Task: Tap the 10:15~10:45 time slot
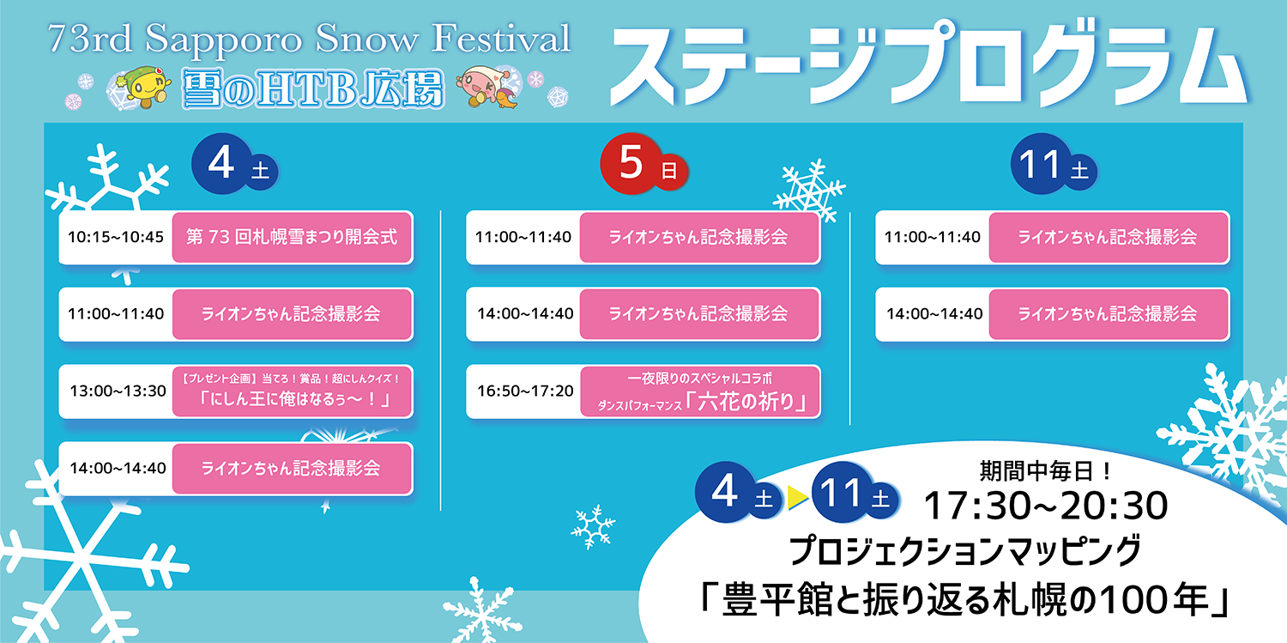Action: (x=116, y=237)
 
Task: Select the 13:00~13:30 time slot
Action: (x=118, y=391)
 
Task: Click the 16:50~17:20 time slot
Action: (x=525, y=391)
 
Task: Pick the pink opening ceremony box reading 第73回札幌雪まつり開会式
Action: (x=292, y=237)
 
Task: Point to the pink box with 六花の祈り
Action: (x=700, y=391)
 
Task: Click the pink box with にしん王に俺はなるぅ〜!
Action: (x=292, y=391)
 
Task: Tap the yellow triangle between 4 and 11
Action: (x=797, y=498)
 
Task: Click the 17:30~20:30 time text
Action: (x=1045, y=506)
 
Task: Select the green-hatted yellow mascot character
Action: (x=147, y=88)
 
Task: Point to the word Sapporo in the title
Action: (x=223, y=40)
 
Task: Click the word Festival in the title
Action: (x=501, y=38)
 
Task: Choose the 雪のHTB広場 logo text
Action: (x=313, y=88)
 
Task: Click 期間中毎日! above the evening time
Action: (x=1045, y=471)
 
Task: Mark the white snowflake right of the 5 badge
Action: (x=809, y=191)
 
